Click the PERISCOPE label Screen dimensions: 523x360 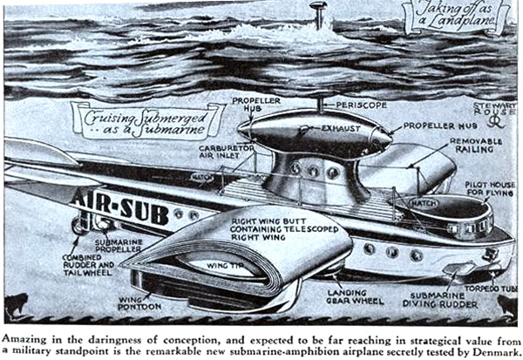362,105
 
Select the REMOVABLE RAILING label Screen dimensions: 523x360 476,146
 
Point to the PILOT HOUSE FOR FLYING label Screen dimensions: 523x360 490,189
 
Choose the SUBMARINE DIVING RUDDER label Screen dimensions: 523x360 439,300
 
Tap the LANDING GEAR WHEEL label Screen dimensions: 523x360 356,297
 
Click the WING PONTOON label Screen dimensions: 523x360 139,302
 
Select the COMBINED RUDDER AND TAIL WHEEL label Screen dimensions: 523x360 88,265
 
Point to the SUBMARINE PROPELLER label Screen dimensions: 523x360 119,246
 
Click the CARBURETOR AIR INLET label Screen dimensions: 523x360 226,152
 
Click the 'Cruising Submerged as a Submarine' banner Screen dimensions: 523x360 146,122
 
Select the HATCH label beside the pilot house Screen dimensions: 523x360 424,203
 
